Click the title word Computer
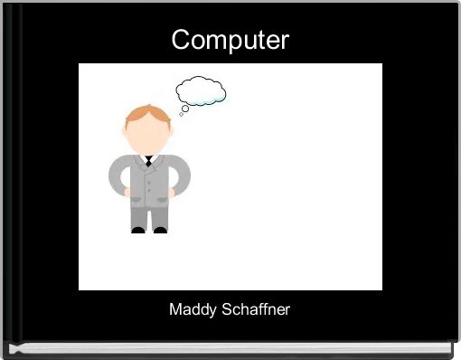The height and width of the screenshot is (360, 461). click(230, 40)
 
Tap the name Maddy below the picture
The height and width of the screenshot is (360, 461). click(192, 309)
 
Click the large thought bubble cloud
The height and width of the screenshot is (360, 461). click(201, 90)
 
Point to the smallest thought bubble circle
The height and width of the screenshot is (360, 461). click(181, 115)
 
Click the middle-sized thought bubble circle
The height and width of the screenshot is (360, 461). click(185, 109)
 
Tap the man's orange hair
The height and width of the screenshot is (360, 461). click(147, 114)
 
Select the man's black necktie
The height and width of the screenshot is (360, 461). click(148, 162)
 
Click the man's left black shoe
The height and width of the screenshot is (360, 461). click(137, 230)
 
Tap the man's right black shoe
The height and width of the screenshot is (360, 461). click(160, 230)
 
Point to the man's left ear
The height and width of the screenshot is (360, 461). click(126, 132)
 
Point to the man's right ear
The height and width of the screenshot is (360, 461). click(170, 132)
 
